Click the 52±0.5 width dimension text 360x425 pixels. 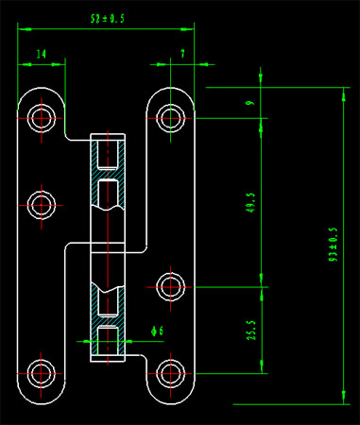click(x=108, y=19)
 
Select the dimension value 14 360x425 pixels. click(x=42, y=54)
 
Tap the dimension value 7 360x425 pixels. click(x=182, y=54)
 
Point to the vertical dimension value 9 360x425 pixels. click(x=251, y=103)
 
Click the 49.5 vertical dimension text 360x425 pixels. click(x=251, y=203)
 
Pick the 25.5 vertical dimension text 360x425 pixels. click(x=251, y=331)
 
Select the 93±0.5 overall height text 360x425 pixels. click(x=334, y=245)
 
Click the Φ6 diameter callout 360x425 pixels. click(x=157, y=331)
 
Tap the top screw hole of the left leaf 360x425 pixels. click(x=42, y=118)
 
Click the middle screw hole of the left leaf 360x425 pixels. click(x=42, y=205)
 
